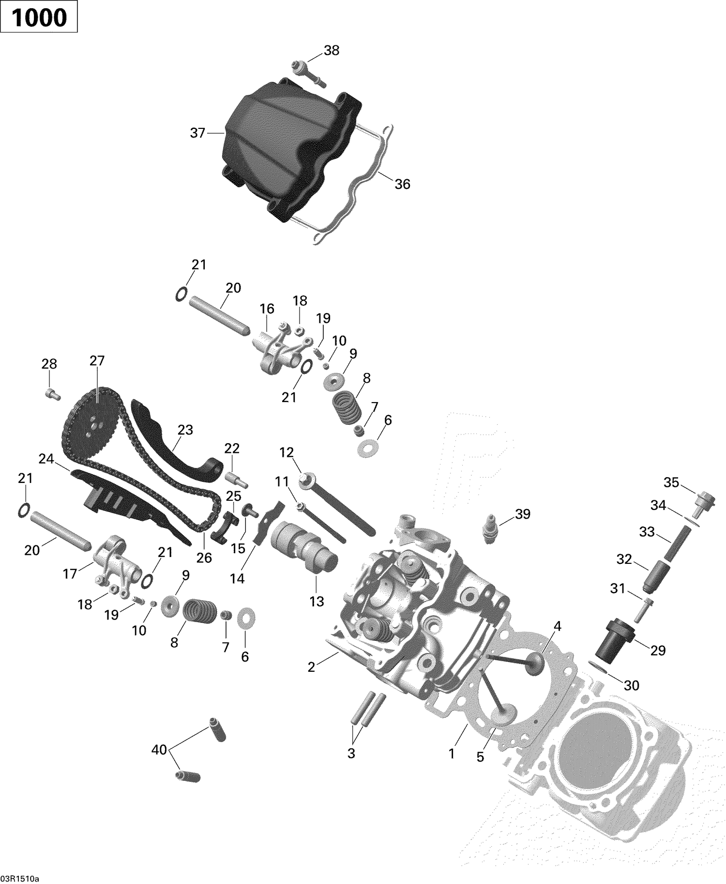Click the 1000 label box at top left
pyautogui.click(x=39, y=17)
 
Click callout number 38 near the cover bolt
pyautogui.click(x=332, y=50)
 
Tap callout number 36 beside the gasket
pyautogui.click(x=402, y=184)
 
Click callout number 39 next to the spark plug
pyautogui.click(x=523, y=514)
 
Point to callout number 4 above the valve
pyautogui.click(x=557, y=626)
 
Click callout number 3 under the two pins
pyautogui.click(x=351, y=753)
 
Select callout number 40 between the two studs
pyautogui.click(x=159, y=750)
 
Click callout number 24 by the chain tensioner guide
pyautogui.click(x=46, y=458)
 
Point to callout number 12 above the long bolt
pyautogui.click(x=287, y=452)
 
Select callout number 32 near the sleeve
pyautogui.click(x=624, y=559)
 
